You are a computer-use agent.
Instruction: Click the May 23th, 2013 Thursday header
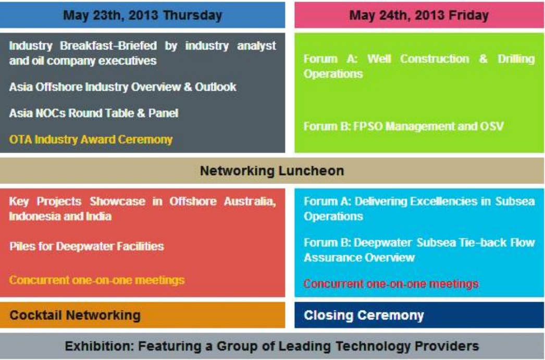coord(143,15)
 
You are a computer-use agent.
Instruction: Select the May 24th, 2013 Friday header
coord(419,15)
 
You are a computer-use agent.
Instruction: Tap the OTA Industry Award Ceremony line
coord(91,140)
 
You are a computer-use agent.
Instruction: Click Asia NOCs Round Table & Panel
coord(94,113)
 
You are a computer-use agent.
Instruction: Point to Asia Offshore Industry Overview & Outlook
coord(122,87)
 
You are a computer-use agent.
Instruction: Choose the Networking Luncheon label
coord(272,171)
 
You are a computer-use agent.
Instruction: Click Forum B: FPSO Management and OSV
coord(403,126)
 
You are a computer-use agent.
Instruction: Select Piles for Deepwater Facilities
coord(86,246)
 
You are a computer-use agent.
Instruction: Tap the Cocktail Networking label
coord(75,316)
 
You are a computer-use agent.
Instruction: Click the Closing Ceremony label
coord(364,316)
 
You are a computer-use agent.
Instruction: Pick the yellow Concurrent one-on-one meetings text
coord(97,280)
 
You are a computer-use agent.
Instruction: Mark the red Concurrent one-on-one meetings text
coord(391,284)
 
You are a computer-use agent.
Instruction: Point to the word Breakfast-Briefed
coord(108,45)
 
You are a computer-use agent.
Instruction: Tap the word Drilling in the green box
coord(516,59)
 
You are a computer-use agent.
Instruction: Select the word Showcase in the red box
coord(117,201)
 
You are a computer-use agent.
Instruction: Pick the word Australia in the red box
coord(250,201)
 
